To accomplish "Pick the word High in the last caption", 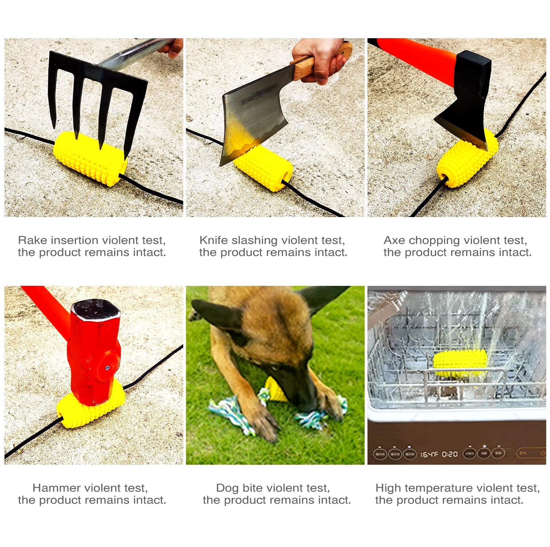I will pyautogui.click(x=388, y=488).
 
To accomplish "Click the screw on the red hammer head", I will pyautogui.click(x=108, y=368).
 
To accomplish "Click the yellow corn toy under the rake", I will pyautogui.click(x=89, y=158).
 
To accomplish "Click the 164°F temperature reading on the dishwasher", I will pyautogui.click(x=430, y=454).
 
